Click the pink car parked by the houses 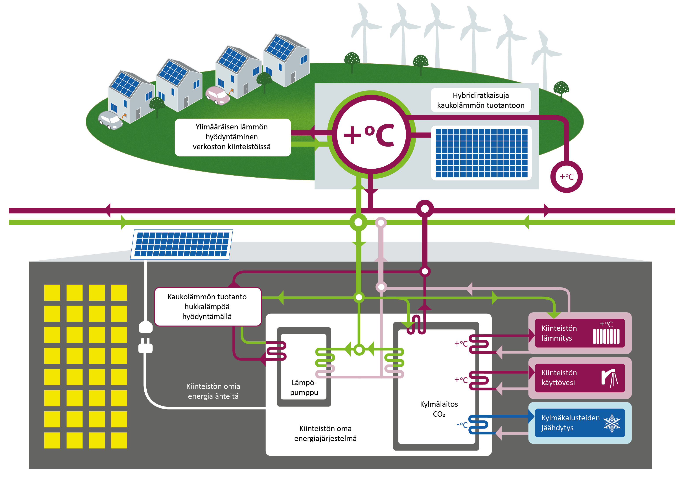pos(218,95)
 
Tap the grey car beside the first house pos(110,120)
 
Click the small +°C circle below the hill pos(566,177)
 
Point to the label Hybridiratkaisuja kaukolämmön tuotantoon pos(481,100)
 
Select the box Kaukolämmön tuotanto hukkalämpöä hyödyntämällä pos(208,307)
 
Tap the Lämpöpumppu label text pos(304,387)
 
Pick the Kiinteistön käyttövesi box pos(580,378)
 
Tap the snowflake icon pos(612,423)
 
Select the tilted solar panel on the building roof pos(181,245)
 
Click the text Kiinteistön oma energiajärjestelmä pos(325,433)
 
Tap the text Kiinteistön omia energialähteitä pos(213,391)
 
